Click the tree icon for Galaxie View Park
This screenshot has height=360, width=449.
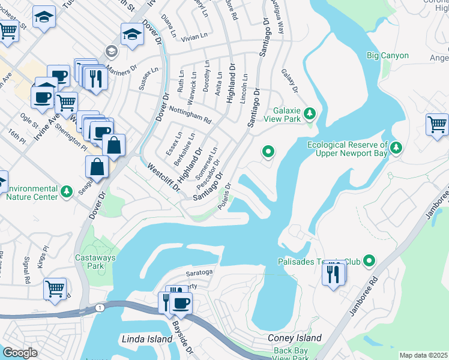310,113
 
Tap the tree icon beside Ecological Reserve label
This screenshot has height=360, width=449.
396,148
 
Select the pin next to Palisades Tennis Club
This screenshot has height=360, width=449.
369,261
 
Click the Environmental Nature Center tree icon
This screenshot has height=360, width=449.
67,191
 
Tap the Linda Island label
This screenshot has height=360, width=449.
147,339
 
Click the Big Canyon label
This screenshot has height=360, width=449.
387,56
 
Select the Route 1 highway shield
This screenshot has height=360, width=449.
98,307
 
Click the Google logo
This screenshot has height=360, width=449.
20,353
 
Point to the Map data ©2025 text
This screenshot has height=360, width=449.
424,355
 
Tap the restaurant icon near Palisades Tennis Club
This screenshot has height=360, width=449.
334,274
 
